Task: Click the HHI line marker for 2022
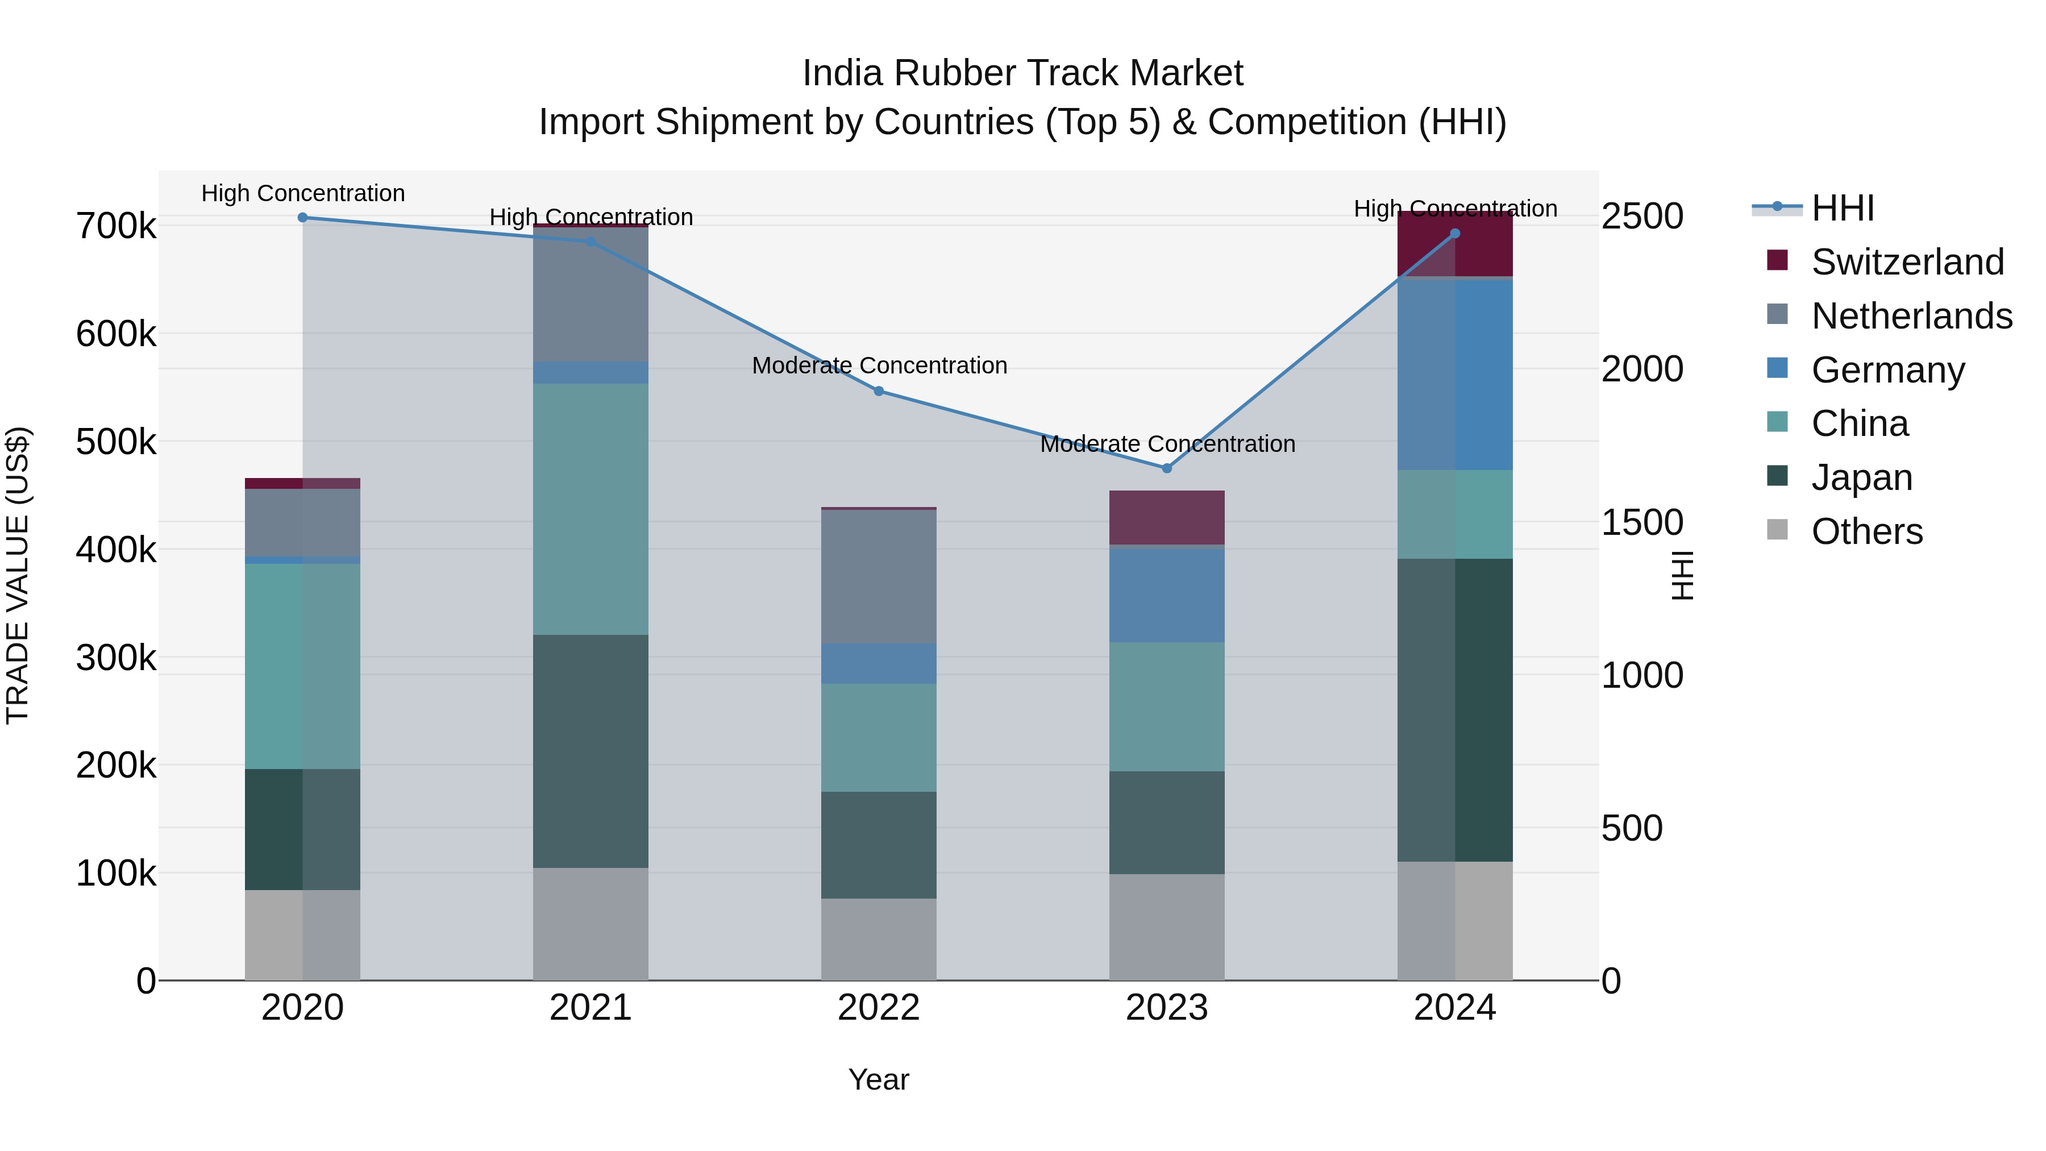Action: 879,391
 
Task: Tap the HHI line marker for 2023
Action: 1167,469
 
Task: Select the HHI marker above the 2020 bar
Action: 302,218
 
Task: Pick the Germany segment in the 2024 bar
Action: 1455,375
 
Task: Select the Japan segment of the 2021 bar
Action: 590,751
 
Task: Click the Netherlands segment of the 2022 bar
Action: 879,577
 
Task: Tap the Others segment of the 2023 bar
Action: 1167,927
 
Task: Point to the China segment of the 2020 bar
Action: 302,666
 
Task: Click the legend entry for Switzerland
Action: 1907,262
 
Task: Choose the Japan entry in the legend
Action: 1861,477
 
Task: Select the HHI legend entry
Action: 1843,208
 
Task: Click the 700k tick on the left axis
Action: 116,226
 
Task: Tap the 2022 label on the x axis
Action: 879,1008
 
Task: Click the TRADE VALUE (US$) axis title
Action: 18,575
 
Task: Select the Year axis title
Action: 879,1079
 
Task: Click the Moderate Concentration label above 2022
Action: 879,365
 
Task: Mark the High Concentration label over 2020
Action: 302,193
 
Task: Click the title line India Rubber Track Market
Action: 1022,73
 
